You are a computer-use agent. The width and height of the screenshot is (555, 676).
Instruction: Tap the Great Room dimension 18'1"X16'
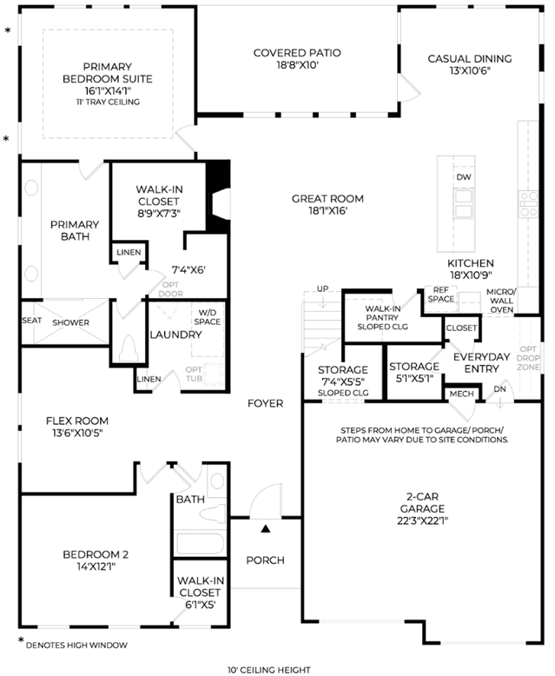click(328, 211)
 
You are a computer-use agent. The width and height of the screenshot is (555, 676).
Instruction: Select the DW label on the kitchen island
click(464, 177)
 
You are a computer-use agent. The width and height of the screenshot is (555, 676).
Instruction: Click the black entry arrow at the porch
click(266, 528)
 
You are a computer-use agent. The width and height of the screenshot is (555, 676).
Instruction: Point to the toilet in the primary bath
click(129, 348)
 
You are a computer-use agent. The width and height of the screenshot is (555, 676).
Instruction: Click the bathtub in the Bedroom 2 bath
click(201, 544)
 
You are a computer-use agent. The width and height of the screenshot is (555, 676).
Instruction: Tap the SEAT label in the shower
click(32, 321)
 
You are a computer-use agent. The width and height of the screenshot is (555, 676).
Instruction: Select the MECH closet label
click(461, 394)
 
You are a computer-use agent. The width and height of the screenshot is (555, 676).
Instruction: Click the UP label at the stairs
click(323, 288)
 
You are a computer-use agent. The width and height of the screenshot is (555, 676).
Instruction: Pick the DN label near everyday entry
click(499, 389)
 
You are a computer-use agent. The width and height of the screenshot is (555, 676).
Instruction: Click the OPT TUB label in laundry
click(194, 374)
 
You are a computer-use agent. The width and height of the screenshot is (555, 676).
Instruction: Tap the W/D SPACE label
click(208, 317)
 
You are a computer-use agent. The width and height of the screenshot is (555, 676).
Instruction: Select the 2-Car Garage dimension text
click(423, 520)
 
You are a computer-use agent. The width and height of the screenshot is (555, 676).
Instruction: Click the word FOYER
click(266, 403)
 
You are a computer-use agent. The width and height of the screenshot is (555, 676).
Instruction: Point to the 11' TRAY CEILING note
click(109, 103)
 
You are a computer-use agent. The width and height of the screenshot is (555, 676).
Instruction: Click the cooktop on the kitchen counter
click(529, 204)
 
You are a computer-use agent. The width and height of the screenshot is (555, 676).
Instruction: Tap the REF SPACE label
click(441, 295)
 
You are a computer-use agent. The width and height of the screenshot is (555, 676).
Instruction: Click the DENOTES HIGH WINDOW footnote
click(76, 646)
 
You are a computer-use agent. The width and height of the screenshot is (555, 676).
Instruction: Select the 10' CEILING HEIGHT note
click(269, 670)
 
